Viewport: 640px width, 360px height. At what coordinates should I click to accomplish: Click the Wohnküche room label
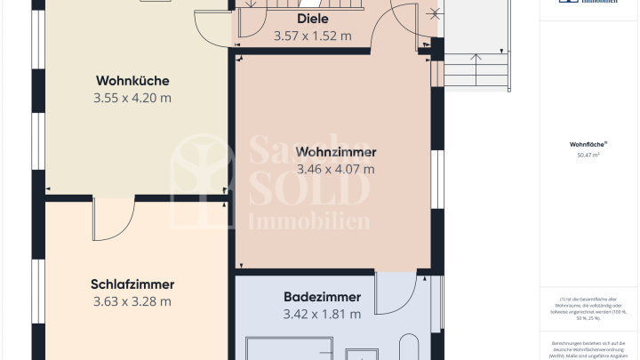pos(132,81)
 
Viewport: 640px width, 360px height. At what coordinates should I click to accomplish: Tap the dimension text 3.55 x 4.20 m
pos(132,98)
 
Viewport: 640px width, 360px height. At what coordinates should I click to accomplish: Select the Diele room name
pos(312,20)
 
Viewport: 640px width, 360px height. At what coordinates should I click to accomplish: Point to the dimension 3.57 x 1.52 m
pos(312,36)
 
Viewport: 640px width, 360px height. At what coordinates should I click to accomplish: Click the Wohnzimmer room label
pos(336,151)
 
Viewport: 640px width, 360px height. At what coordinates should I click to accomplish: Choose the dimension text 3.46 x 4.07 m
pos(336,168)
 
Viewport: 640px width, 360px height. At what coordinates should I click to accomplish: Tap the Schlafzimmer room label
pos(132,284)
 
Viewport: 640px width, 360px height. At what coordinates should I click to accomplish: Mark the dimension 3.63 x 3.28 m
pos(132,301)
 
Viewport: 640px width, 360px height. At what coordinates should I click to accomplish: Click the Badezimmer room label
pos(322,297)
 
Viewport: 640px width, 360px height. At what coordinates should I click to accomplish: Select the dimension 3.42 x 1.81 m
pos(322,314)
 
